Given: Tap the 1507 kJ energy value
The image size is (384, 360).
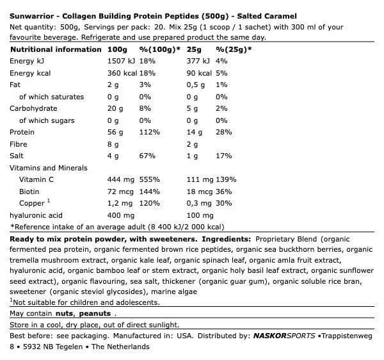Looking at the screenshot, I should pyautogui.click(x=122, y=61).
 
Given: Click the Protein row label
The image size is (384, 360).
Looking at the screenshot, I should pyautogui.click(x=22, y=132).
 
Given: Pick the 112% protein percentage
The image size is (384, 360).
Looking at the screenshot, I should pyautogui.click(x=149, y=132).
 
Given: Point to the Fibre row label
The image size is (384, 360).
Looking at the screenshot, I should pyautogui.click(x=19, y=144).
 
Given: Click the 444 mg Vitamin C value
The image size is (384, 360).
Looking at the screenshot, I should pyautogui.click(x=120, y=179).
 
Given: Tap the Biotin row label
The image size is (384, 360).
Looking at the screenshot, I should pyautogui.click(x=29, y=191).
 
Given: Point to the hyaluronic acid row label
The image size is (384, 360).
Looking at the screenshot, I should pyautogui.click(x=35, y=215).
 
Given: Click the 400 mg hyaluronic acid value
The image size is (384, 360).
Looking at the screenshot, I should pyautogui.click(x=120, y=215).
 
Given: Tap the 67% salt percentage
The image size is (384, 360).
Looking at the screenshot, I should pyautogui.click(x=147, y=156).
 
